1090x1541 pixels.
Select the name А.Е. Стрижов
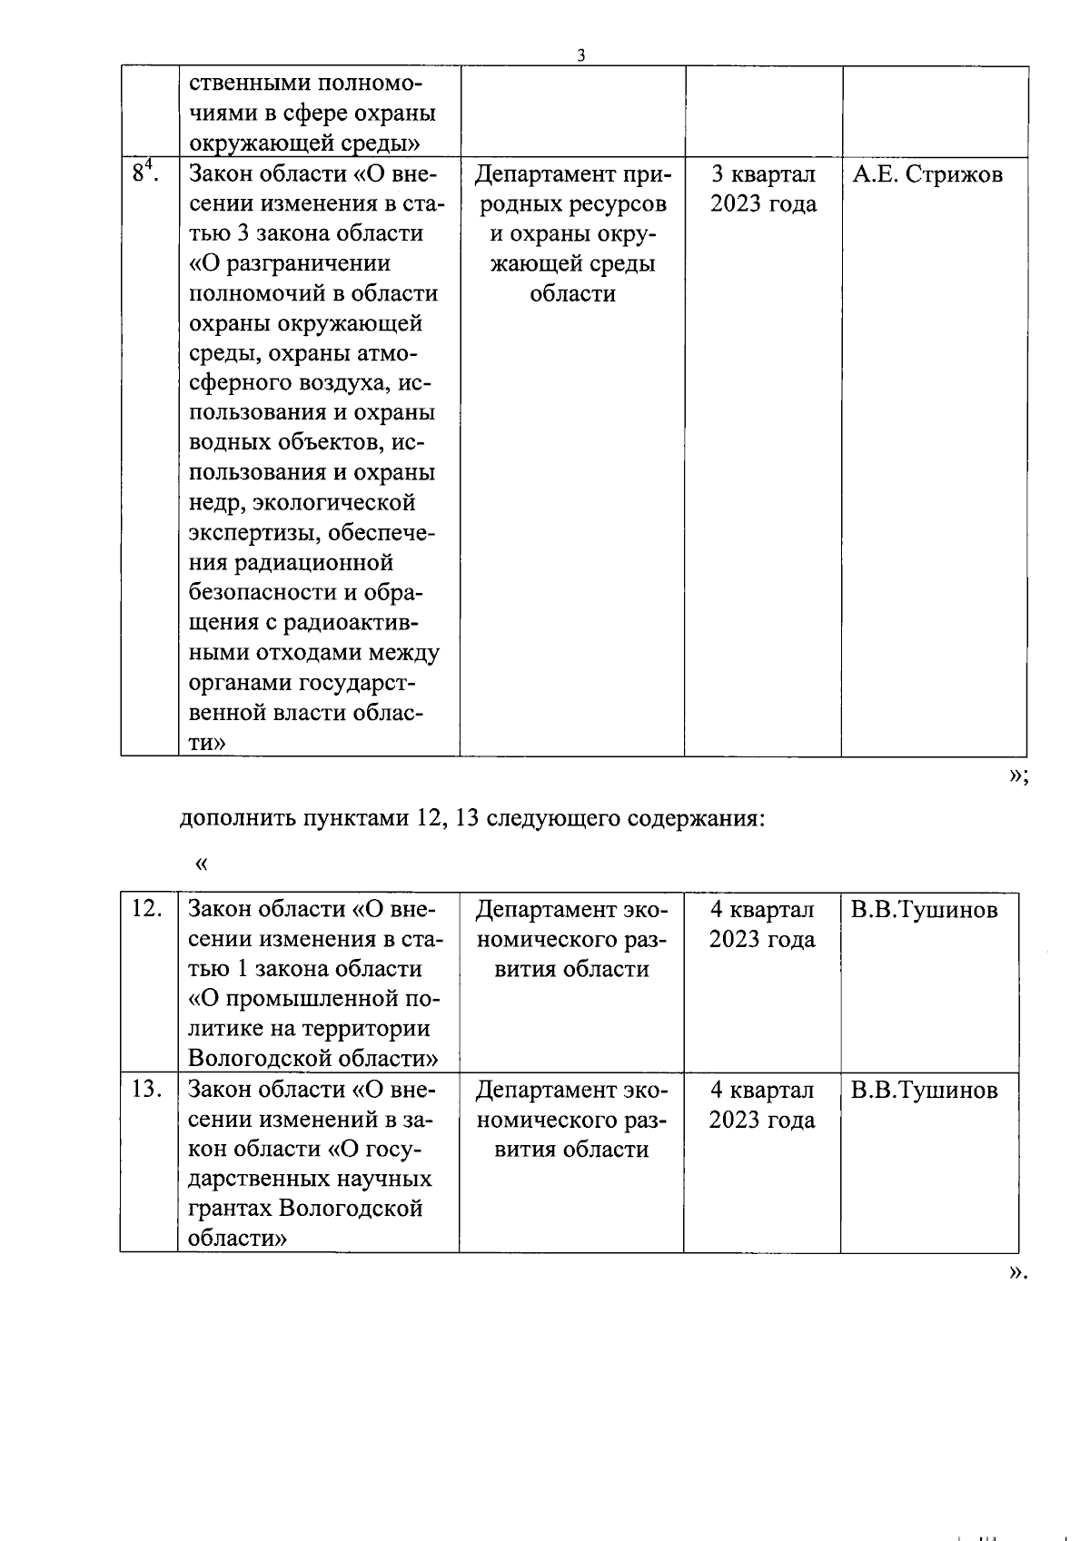pyautogui.click(x=927, y=174)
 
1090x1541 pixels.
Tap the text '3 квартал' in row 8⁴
pyautogui.click(x=763, y=174)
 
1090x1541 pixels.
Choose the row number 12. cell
pyautogui.click(x=147, y=909)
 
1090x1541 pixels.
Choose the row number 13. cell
pyautogui.click(x=147, y=1089)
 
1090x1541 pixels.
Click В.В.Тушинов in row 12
pyautogui.click(x=924, y=910)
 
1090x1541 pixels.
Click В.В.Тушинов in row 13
pyautogui.click(x=924, y=1090)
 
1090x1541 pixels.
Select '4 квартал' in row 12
pyautogui.click(x=762, y=910)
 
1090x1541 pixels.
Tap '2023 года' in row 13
pyautogui.click(x=762, y=1120)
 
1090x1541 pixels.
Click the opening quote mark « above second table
pyautogui.click(x=202, y=864)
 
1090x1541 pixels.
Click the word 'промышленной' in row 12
pyautogui.click(x=310, y=999)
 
